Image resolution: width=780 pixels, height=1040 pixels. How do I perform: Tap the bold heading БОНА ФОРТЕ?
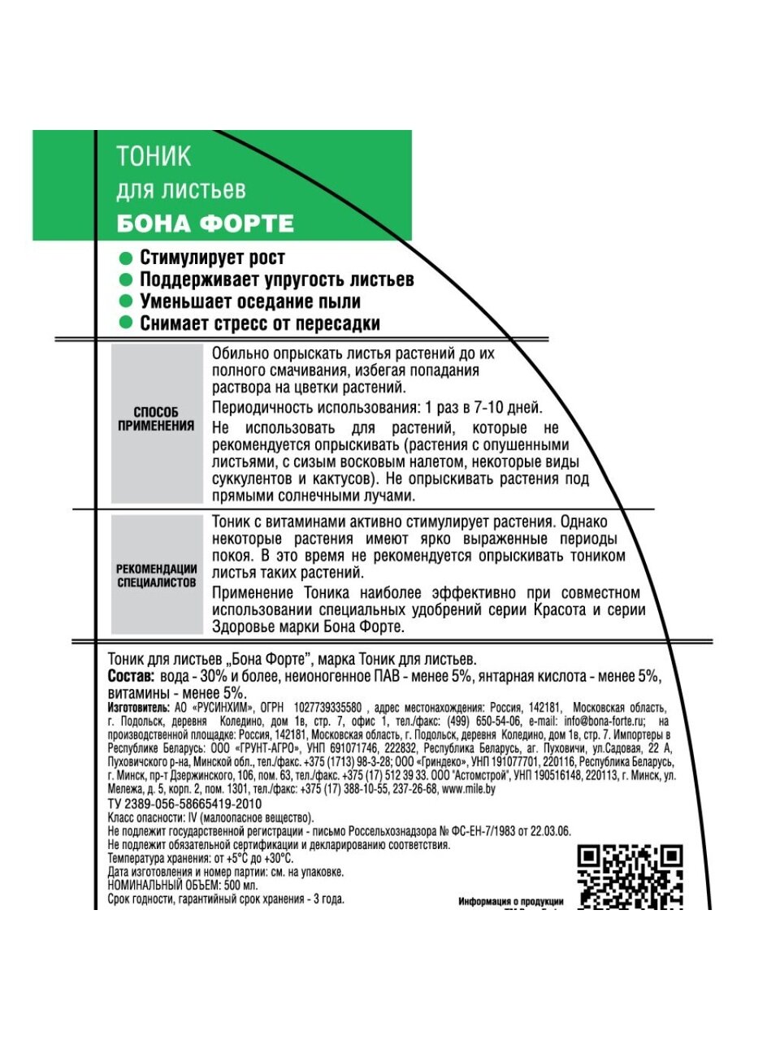pos(205,223)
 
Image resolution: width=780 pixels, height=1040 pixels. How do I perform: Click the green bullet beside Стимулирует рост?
pos(125,258)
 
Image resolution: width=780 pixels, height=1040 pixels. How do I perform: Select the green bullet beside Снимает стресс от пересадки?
pos(125,323)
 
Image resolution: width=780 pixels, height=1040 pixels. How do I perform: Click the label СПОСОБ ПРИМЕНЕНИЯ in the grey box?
pos(156,418)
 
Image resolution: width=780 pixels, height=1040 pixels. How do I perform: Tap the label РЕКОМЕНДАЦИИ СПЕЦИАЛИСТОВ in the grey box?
pos(157,575)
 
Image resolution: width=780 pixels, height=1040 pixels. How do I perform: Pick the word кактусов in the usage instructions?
pos(336,479)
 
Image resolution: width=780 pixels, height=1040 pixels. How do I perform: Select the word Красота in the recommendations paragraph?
pos(558,610)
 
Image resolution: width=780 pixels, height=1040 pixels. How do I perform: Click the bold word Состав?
pos(131,676)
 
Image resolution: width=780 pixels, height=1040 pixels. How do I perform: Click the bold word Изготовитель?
pos(140,708)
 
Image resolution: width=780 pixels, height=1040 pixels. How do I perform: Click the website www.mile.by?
pos(468,789)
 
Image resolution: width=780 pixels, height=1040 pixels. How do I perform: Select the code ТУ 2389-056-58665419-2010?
pos(184,804)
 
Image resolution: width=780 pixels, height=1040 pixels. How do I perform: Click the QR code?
pos(630,876)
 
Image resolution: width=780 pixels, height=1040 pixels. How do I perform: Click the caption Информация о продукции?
pos(510,901)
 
